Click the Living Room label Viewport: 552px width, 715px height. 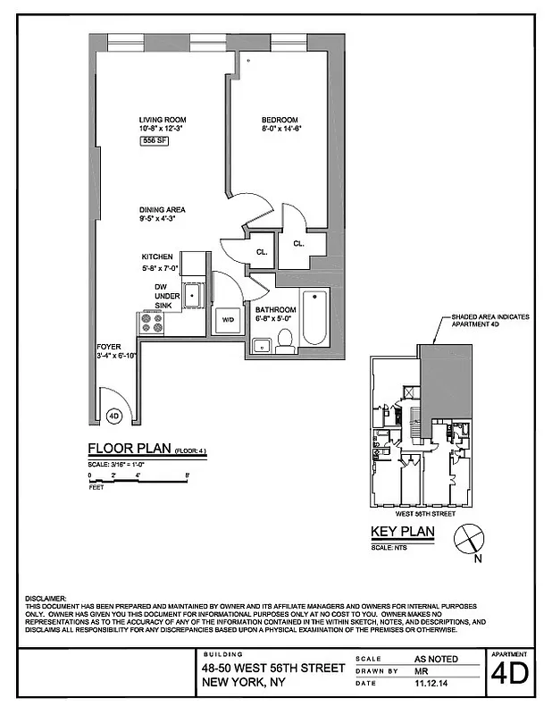[162, 120]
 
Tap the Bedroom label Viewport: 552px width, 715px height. [279, 120]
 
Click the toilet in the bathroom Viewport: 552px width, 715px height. [286, 340]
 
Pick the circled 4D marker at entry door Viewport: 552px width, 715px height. [113, 416]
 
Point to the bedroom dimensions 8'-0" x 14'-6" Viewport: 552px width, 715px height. [279, 129]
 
